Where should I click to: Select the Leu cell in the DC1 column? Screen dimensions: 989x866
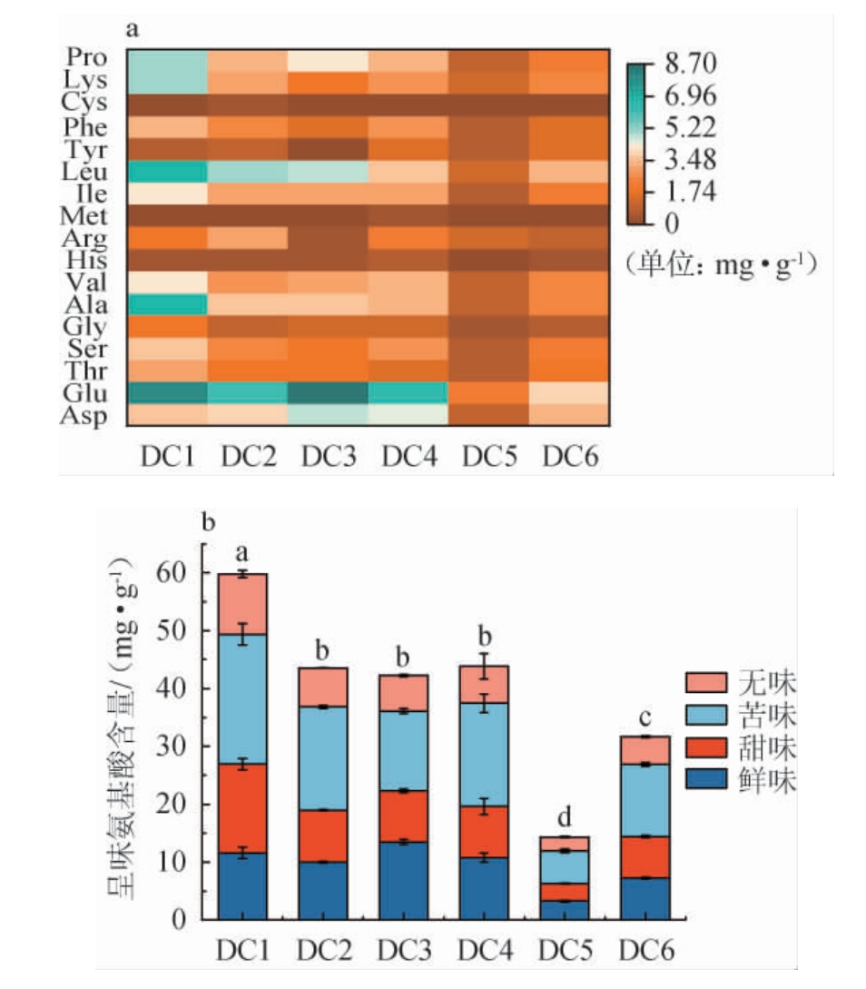tap(167, 172)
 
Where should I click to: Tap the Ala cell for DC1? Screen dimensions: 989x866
tap(167, 304)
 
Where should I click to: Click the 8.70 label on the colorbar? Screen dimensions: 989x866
tap(692, 64)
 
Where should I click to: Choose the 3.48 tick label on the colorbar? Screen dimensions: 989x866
tap(692, 160)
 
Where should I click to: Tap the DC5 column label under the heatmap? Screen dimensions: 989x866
tap(489, 455)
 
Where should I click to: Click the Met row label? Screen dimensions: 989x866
tap(85, 216)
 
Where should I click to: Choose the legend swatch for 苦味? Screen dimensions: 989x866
tap(708, 716)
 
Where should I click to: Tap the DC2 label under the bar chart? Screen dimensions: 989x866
tap(323, 950)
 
